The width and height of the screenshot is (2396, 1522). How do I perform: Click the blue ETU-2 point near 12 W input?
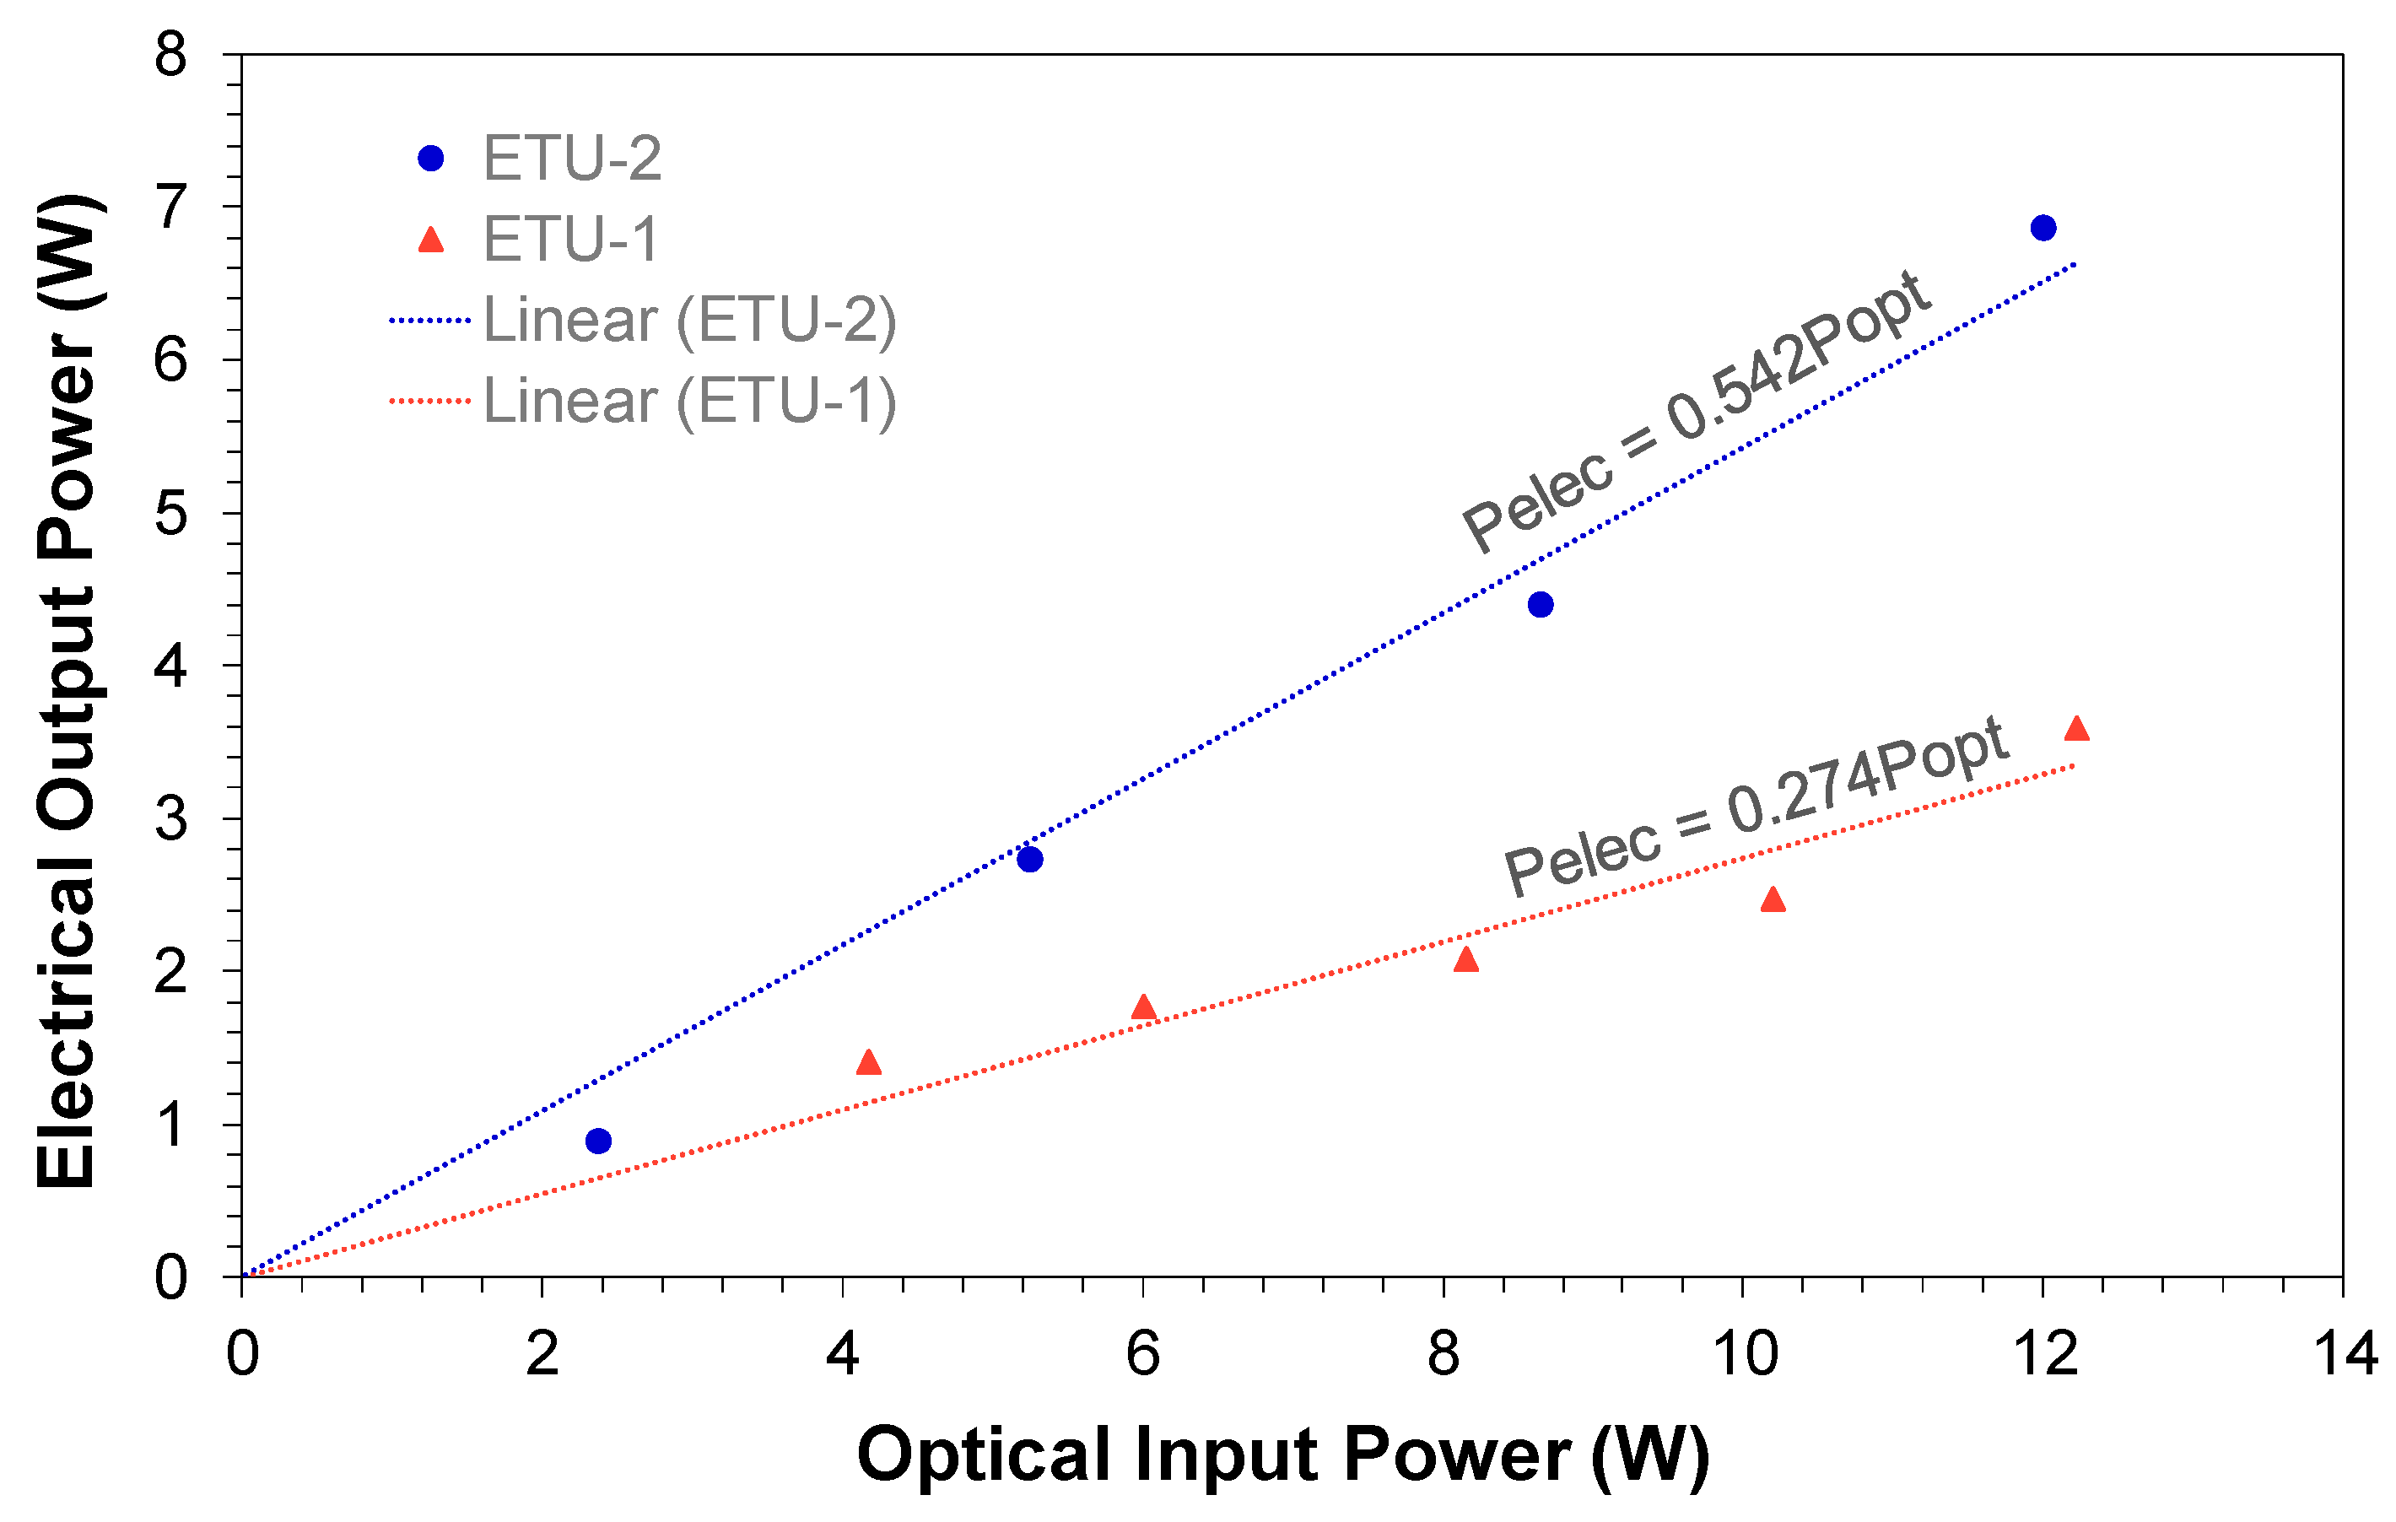pos(2043,228)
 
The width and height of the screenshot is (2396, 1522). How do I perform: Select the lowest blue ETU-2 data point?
pos(598,1141)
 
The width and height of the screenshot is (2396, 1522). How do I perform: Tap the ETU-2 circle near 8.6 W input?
pos(1541,605)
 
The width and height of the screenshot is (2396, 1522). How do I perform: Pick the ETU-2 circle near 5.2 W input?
pos(1030,860)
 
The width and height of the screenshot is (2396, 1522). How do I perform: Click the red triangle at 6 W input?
pos(1143,1007)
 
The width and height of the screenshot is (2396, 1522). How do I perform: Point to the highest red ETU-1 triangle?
pos(2076,729)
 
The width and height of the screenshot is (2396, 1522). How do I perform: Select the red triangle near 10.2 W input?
pos(1773,900)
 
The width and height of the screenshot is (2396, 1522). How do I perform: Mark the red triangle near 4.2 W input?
pos(869,1062)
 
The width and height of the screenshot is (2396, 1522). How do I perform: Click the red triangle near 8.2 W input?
pos(1465,960)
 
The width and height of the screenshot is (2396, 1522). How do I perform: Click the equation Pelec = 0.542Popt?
pos(1697,410)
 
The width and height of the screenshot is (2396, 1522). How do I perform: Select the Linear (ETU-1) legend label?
pos(689,401)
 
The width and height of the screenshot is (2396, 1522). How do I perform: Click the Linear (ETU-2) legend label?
pos(689,321)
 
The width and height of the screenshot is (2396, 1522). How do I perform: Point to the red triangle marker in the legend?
pos(431,240)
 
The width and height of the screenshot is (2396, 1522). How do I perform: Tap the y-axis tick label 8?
pos(171,56)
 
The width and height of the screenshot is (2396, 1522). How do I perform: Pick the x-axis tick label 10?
pos(1744,1355)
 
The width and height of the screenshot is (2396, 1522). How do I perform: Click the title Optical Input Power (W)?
pos(1282,1455)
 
